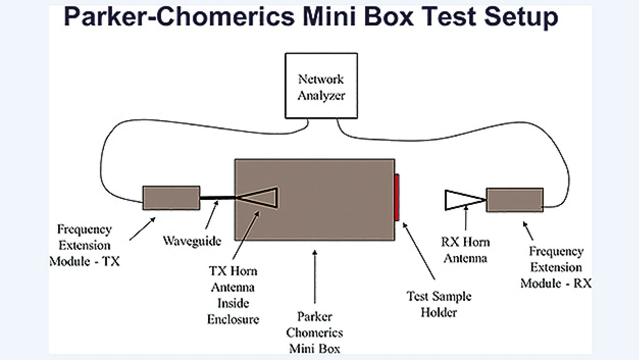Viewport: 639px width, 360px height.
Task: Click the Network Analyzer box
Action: pos(321,85)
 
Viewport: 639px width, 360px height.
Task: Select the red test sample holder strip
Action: pos(397,197)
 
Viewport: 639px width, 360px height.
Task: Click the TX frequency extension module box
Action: pos(171,198)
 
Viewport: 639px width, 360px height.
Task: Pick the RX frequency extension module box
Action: pos(515,200)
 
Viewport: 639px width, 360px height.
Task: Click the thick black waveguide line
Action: pos(217,198)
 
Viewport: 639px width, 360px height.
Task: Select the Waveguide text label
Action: pos(192,241)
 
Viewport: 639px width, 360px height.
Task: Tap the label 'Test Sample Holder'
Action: pos(439,304)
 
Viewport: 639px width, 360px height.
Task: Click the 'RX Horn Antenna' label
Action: pos(465,250)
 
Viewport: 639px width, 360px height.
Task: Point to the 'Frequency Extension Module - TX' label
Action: pos(85,245)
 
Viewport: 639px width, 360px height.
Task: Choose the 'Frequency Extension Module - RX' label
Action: pos(556,267)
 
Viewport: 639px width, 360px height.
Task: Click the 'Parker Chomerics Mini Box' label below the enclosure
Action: pos(315,333)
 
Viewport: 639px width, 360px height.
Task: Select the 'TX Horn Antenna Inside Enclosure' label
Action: pos(233,295)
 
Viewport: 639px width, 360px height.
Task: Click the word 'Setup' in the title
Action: pos(521,16)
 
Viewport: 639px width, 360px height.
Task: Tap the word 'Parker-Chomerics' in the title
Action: pos(179,16)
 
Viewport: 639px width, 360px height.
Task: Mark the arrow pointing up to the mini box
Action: pos(315,277)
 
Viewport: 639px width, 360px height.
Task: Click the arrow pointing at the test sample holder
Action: pos(418,251)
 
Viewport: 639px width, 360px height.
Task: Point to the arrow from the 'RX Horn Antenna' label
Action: pos(466,218)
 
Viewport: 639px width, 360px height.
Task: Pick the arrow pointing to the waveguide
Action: pos(212,215)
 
